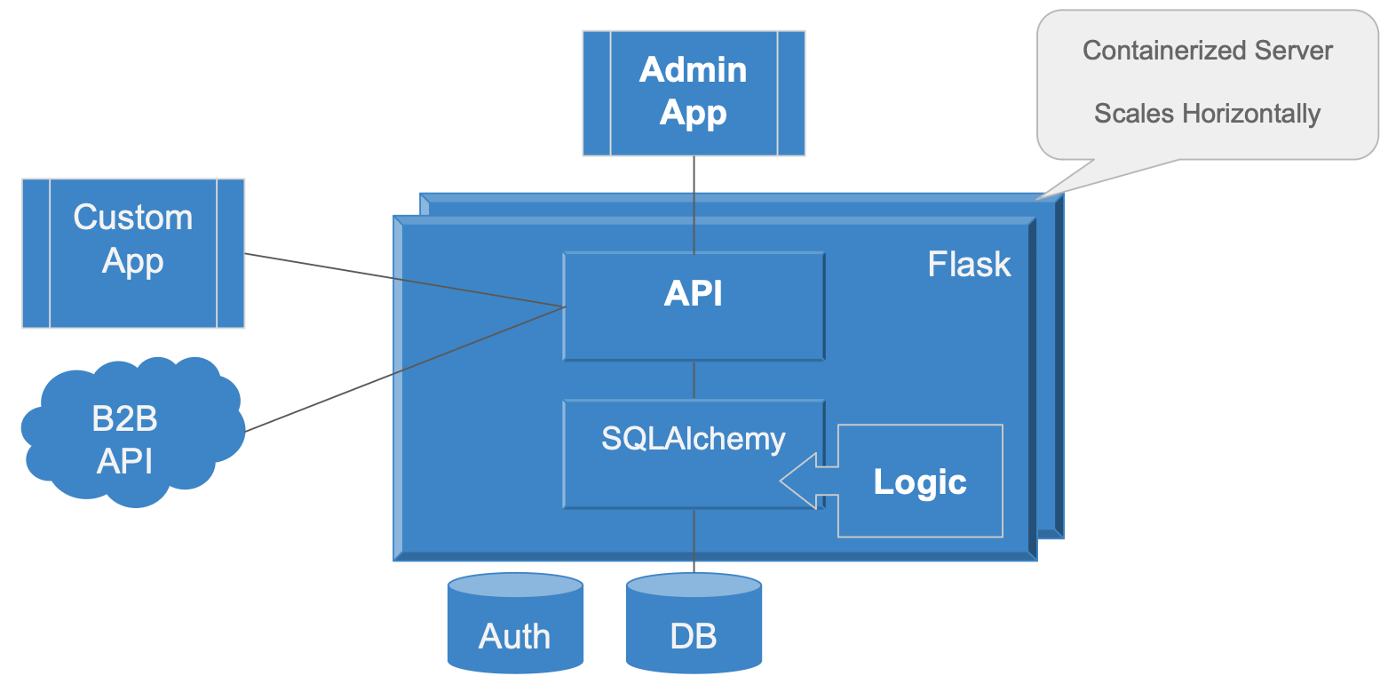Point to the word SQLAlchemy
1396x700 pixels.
(x=693, y=439)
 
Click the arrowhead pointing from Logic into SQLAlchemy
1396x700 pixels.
(x=799, y=481)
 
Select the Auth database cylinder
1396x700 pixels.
(x=515, y=626)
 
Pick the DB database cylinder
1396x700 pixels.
(x=694, y=626)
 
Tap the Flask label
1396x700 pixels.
(x=969, y=264)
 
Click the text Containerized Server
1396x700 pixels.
(x=1207, y=51)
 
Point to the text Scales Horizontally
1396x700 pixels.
(x=1207, y=114)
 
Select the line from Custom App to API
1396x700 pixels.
(x=404, y=281)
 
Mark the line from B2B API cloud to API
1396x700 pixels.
(x=404, y=370)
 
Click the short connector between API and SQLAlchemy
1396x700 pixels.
(x=694, y=380)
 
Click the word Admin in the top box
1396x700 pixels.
(x=694, y=70)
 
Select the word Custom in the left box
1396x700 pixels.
(x=133, y=218)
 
